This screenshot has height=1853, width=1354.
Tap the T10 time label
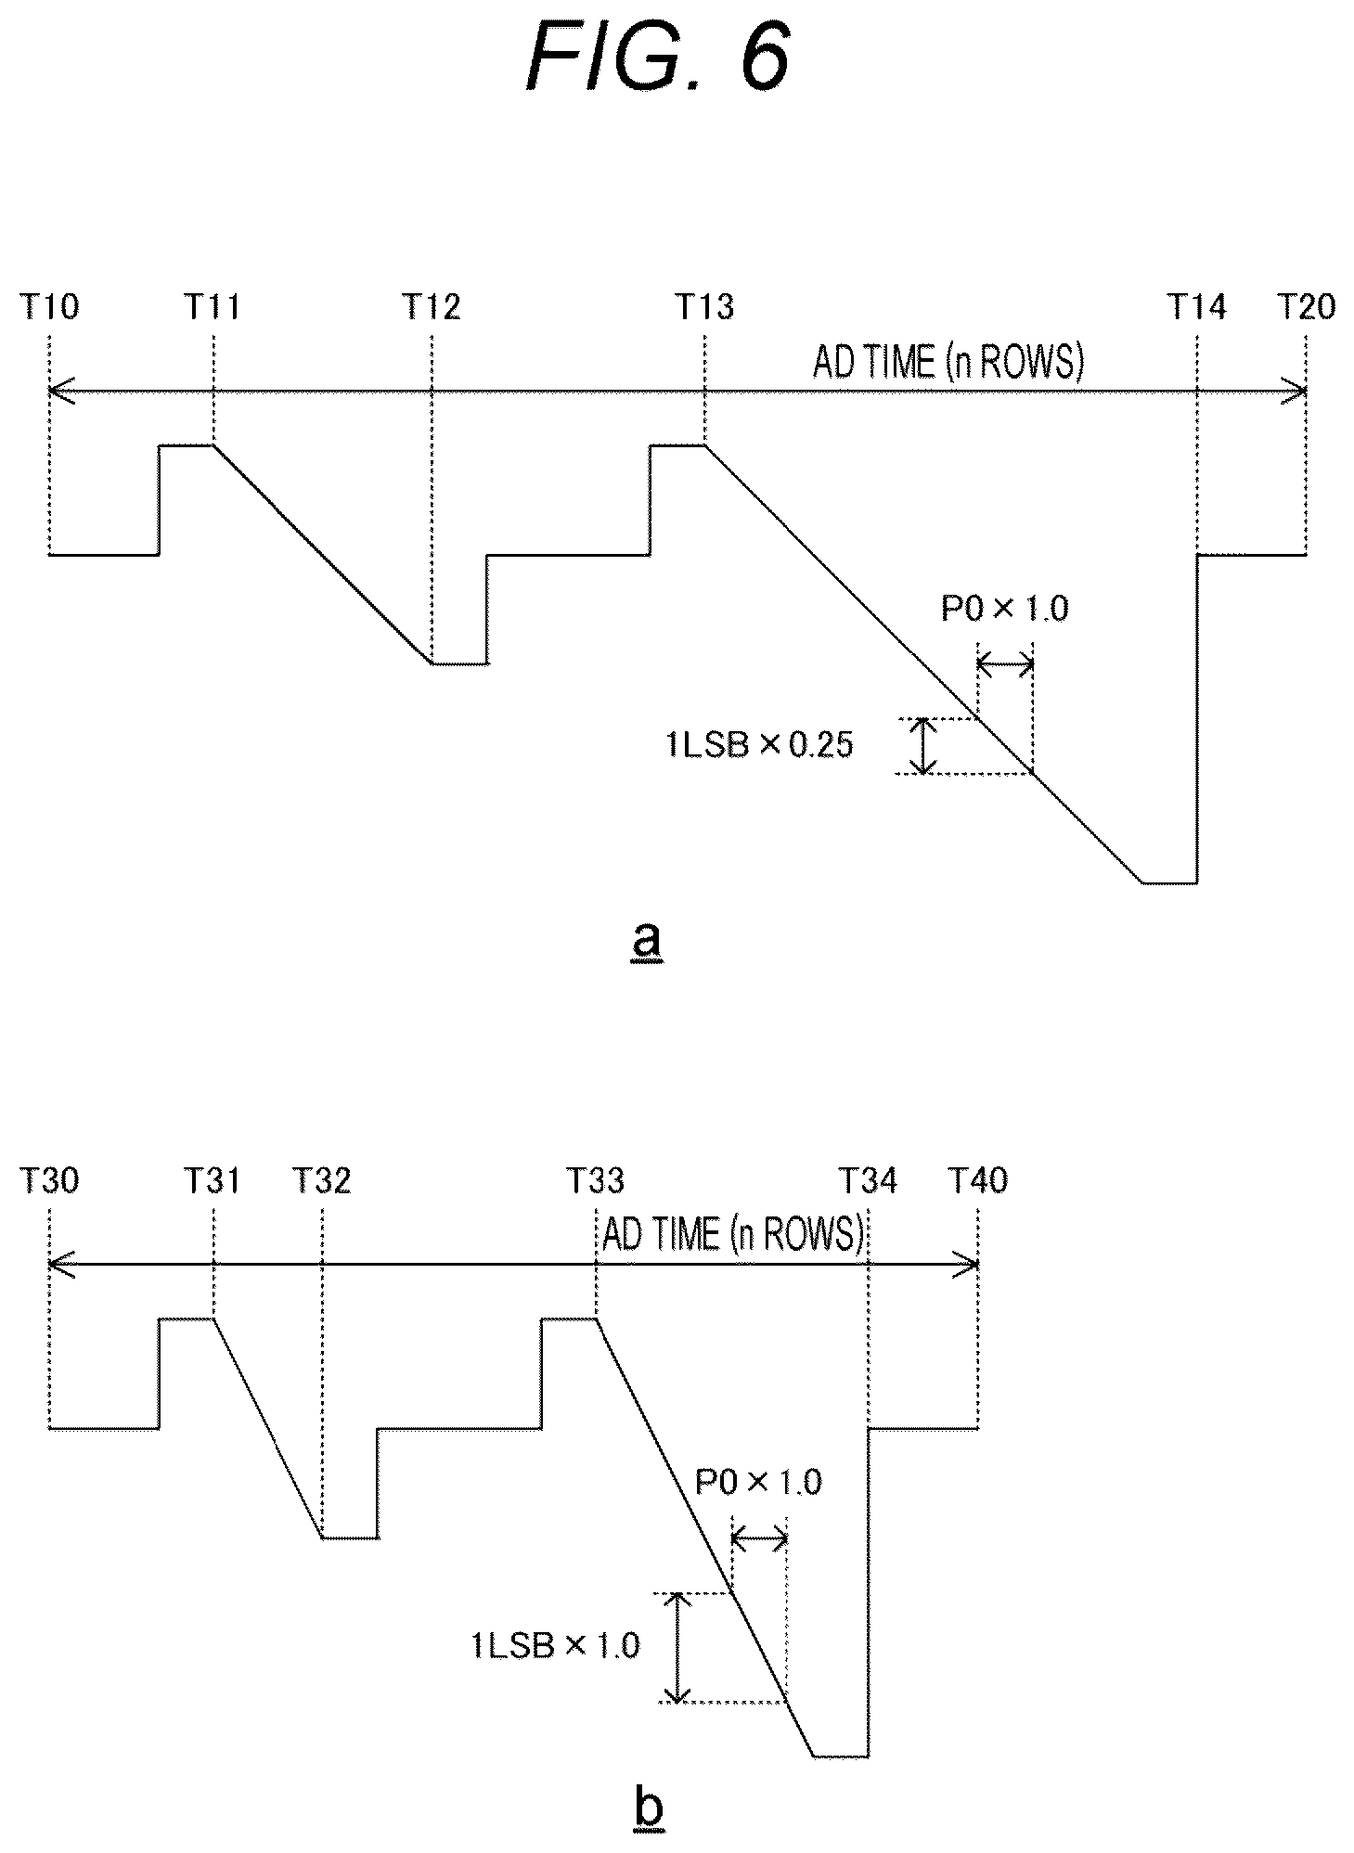[49, 306]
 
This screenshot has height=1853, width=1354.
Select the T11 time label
[213, 306]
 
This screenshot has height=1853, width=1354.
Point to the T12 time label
[432, 306]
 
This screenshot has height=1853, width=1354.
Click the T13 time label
[704, 306]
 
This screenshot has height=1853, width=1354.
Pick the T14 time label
[1196, 306]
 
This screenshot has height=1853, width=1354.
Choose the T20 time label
[1307, 306]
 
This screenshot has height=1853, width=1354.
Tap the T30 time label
[49, 1180]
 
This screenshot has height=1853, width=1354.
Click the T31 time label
[213, 1180]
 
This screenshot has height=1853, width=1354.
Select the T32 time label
[322, 1180]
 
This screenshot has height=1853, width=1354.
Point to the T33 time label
[595, 1180]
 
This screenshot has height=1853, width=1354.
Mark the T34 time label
[869, 1180]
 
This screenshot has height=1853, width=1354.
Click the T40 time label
[978, 1180]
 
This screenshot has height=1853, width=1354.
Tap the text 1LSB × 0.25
[759, 745]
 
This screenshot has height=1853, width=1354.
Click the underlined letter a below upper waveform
[647, 941]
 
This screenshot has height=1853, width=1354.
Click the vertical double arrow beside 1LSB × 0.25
[922, 746]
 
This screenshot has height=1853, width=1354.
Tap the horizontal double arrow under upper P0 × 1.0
[1005, 663]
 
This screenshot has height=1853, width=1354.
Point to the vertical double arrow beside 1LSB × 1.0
[678, 1648]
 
